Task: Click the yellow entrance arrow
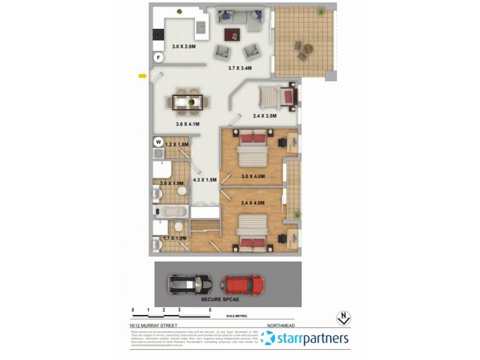(142, 76)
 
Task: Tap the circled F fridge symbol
(158, 58)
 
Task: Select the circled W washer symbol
(158, 142)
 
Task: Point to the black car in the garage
(190, 283)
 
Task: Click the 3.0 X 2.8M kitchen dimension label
(184, 46)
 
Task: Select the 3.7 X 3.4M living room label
(240, 68)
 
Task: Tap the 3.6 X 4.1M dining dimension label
(188, 124)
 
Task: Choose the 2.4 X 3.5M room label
(264, 116)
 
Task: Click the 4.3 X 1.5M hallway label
(204, 179)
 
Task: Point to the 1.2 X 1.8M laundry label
(177, 145)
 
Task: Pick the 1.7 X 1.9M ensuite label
(175, 238)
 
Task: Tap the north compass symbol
(344, 318)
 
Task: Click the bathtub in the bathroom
(170, 211)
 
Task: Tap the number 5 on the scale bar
(210, 310)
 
